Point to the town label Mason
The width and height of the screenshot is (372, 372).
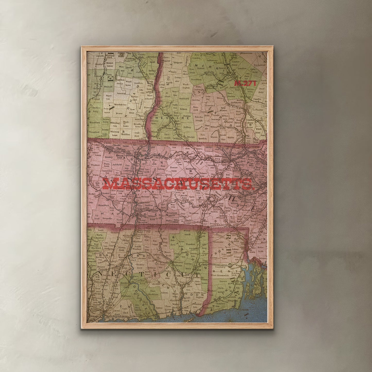click(x=214, y=137)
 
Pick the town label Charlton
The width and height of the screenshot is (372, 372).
click(x=193, y=213)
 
